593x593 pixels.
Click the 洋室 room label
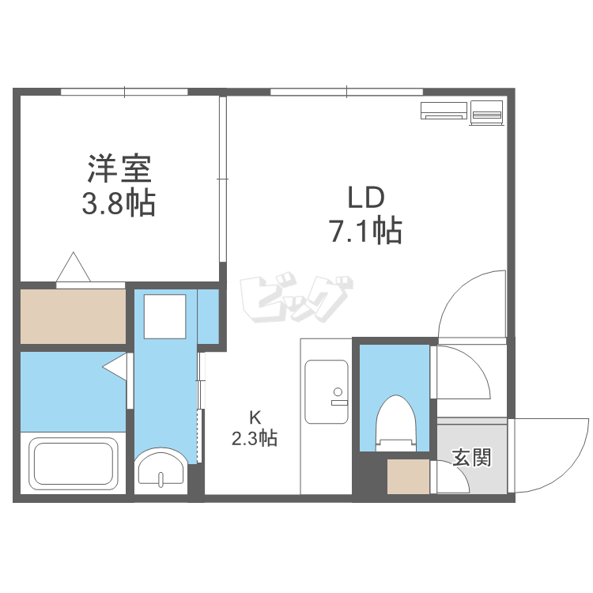[x=119, y=169]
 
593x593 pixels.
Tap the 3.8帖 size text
[x=119, y=205]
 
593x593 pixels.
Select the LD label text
[x=364, y=195]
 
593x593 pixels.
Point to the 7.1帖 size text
[x=364, y=231]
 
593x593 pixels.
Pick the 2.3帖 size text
[x=254, y=438]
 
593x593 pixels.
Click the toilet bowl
[x=395, y=419]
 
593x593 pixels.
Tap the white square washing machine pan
[x=165, y=315]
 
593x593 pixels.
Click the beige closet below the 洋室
[x=73, y=316]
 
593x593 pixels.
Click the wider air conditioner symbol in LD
[x=444, y=111]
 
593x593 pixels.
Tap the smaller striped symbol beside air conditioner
[x=487, y=113]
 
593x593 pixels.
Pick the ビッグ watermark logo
[x=294, y=299]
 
